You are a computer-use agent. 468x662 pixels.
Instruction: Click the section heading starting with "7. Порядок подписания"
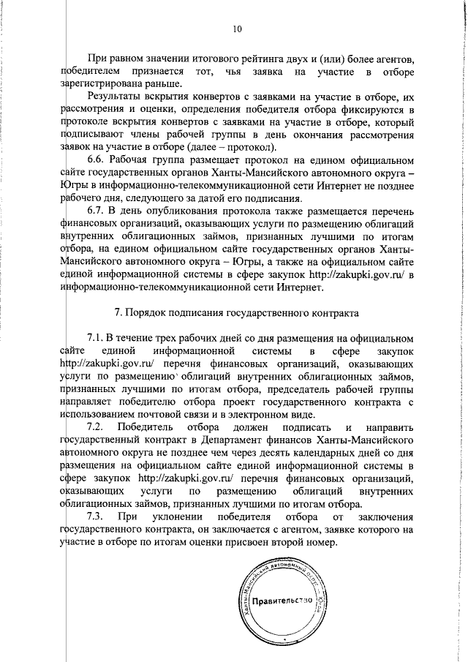[247, 313]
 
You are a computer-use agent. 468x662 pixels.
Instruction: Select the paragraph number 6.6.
[98, 159]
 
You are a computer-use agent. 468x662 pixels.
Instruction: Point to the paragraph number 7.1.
[98, 337]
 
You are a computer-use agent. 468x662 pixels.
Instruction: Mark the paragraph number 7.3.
[98, 518]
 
